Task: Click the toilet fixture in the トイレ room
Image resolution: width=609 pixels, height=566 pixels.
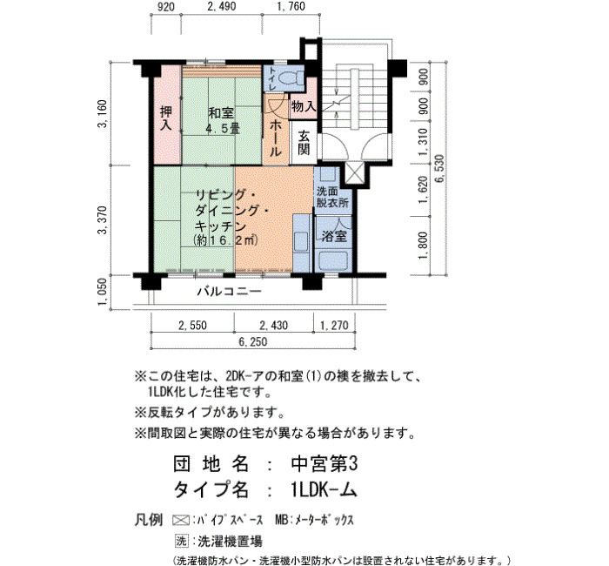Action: pos(289,77)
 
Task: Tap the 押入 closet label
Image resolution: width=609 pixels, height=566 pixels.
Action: pos(166,118)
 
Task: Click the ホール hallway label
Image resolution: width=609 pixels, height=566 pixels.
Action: pos(276,138)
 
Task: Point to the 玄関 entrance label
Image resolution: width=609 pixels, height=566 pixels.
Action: pos(304,143)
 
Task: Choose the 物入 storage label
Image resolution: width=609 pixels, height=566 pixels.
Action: pos(304,106)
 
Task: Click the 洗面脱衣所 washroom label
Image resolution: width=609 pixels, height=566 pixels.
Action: pos(332,197)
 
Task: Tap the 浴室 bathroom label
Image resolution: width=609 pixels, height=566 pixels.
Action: pos(334,236)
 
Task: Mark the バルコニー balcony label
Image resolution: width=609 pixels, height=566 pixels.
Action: pos(230,291)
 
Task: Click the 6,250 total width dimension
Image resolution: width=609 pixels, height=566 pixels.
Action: pos(253,341)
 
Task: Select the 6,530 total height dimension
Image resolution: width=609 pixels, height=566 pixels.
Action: pos(438,169)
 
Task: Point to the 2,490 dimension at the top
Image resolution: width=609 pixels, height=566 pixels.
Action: pos(221,7)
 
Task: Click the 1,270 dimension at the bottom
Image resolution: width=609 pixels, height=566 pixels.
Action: pos(334,325)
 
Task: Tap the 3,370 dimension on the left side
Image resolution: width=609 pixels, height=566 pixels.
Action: pos(103,220)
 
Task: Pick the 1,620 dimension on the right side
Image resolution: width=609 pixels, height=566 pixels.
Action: pos(423,190)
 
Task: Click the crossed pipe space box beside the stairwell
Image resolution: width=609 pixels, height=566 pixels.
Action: pos(355,172)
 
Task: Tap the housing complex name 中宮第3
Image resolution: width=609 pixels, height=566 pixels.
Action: pos(324,464)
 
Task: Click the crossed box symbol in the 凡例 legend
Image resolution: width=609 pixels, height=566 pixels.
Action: pos(181,520)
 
